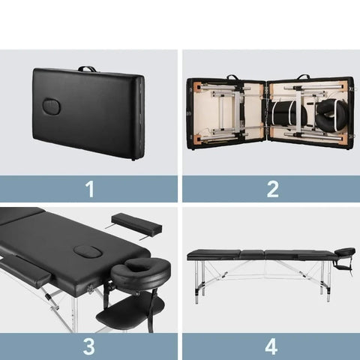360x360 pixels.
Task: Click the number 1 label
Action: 89,189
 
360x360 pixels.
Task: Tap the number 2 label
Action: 272,189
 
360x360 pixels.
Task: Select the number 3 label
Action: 89,346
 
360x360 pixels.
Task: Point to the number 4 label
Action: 271,346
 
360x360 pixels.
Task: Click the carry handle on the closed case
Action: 87,69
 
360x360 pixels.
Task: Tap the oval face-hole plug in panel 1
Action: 52,106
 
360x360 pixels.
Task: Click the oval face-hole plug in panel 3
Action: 88,252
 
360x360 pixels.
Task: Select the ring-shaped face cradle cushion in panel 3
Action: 141,272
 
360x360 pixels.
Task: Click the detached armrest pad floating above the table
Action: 136,223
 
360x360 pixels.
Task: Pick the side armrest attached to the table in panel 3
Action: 25,271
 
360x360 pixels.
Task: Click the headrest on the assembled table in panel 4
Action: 345,252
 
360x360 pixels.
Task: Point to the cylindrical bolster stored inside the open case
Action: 289,113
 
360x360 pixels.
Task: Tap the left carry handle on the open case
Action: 232,77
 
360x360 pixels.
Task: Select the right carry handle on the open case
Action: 304,76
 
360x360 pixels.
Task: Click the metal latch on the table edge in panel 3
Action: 89,289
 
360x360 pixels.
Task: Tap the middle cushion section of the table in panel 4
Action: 252,254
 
